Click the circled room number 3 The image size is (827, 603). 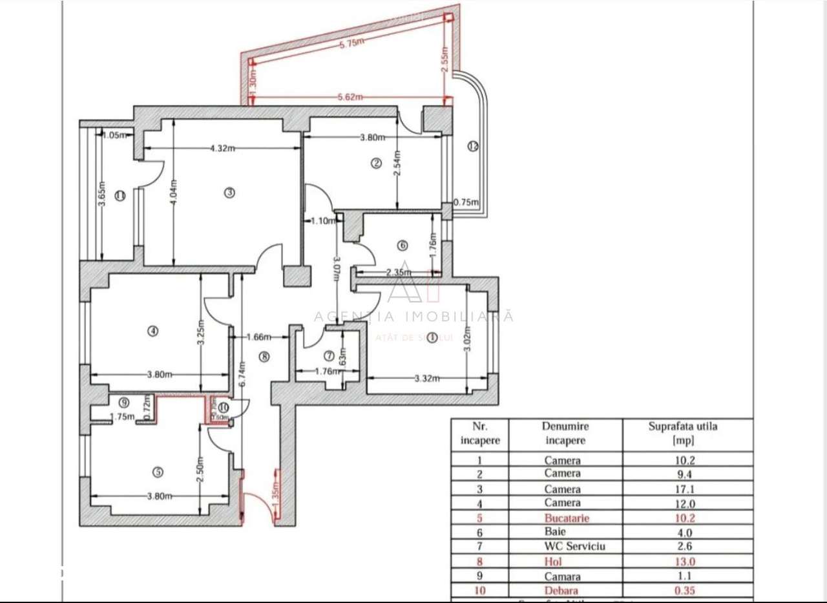click(x=229, y=192)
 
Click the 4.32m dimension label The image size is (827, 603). click(x=222, y=148)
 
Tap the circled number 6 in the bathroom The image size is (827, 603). click(x=403, y=246)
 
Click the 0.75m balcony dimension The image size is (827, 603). click(x=466, y=202)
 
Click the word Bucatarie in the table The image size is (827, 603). click(x=567, y=518)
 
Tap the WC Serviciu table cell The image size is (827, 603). click(x=566, y=547)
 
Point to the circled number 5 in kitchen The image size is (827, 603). click(x=158, y=472)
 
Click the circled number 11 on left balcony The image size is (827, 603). click(x=120, y=196)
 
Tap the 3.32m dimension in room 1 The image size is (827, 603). click(x=427, y=379)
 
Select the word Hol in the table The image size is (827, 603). click(x=554, y=562)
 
